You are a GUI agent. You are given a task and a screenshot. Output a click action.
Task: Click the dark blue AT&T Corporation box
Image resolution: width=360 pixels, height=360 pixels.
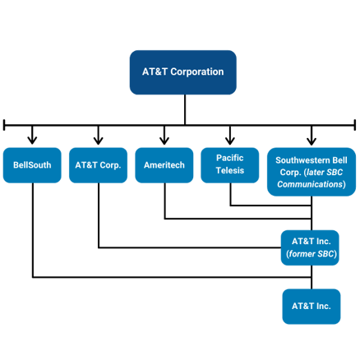tap(183, 72)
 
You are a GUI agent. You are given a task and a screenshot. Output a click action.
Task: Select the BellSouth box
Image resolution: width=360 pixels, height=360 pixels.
tap(32, 165)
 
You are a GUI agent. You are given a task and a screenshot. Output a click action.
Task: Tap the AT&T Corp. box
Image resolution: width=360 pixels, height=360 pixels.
tap(98, 165)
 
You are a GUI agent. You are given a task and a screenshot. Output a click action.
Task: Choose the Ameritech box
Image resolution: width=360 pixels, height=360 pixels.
tap(164, 165)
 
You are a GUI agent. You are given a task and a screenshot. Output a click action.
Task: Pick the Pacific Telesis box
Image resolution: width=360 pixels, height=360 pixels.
tap(230, 165)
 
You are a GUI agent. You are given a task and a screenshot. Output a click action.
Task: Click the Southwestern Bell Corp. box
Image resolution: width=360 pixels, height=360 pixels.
tap(312, 172)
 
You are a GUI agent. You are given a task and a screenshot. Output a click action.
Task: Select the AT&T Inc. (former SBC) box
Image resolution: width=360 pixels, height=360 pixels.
tap(310, 247)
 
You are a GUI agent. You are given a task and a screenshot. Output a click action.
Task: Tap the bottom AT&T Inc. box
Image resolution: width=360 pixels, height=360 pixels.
tap(312, 307)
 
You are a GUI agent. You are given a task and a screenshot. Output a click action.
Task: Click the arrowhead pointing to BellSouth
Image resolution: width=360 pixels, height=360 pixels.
tap(32, 141)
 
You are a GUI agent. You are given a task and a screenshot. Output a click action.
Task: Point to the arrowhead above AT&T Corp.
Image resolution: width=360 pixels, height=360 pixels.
tap(99, 141)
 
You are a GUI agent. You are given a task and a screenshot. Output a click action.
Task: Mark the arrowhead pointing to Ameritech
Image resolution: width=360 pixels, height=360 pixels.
tap(164, 141)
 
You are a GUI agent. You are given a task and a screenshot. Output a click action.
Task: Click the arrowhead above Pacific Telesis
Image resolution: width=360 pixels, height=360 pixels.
tap(230, 141)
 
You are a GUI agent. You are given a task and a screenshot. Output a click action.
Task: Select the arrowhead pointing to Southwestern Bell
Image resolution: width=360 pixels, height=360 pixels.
tap(312, 141)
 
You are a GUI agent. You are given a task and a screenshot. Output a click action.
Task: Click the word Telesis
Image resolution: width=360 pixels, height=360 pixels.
tap(230, 170)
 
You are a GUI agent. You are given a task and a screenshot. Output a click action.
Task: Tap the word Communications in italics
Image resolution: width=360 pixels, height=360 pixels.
tap(310, 184)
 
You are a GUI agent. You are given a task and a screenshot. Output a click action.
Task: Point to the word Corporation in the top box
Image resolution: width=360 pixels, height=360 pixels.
tap(197, 72)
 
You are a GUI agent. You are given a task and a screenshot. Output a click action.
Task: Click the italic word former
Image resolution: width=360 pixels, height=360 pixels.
tap(300, 254)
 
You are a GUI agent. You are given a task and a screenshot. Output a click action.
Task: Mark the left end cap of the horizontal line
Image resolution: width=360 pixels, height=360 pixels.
tap(4, 125)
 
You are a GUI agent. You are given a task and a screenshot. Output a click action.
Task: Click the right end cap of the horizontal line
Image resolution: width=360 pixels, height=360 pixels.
tap(355, 125)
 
